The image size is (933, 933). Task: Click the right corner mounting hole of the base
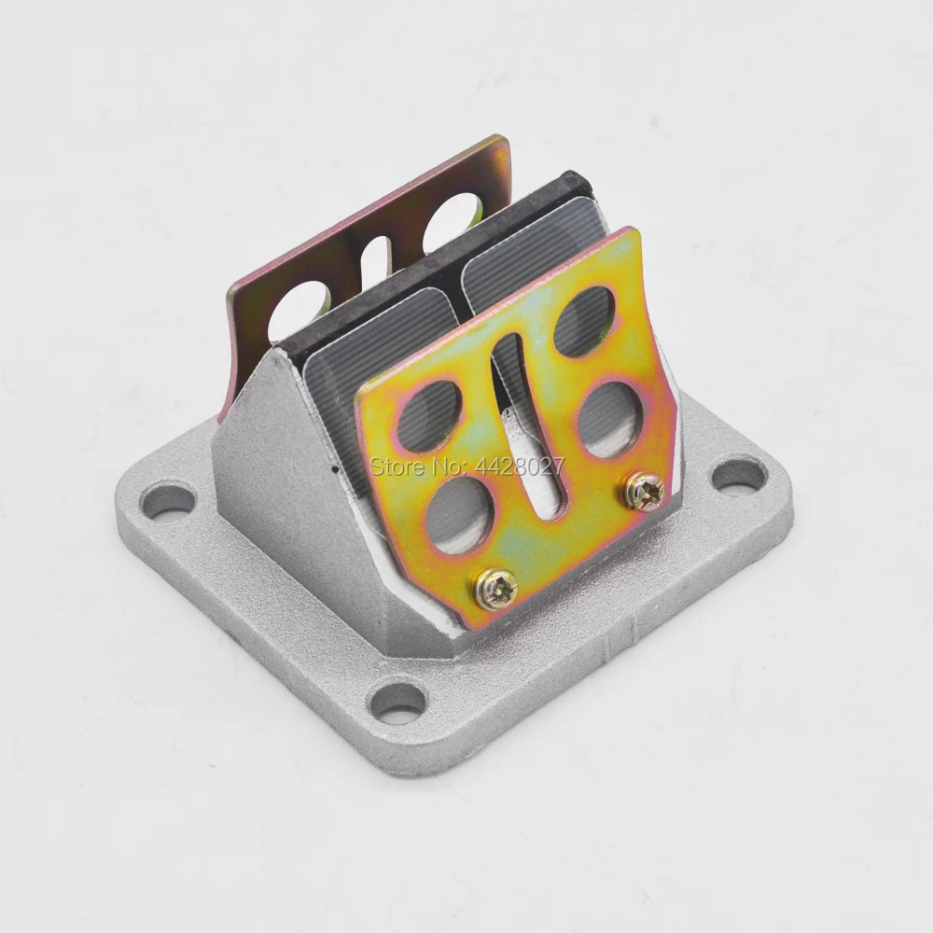[740, 477]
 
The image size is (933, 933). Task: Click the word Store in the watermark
[395, 466]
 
